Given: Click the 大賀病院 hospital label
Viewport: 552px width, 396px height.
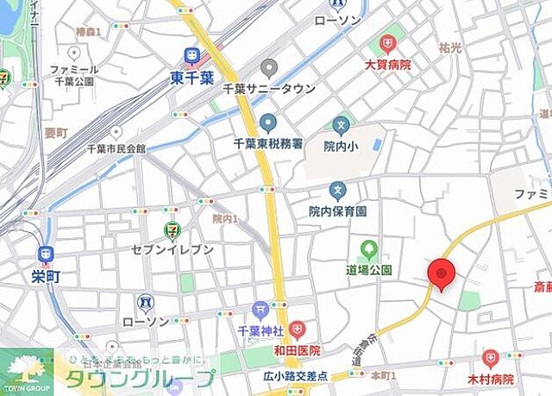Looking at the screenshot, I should [x=387, y=64].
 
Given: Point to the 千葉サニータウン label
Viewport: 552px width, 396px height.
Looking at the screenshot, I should [x=269, y=89].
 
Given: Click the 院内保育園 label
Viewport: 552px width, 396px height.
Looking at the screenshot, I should [x=338, y=211].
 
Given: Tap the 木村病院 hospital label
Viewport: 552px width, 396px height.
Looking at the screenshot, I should [x=491, y=379].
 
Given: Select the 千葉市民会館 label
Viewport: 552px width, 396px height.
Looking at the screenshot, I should [x=108, y=148].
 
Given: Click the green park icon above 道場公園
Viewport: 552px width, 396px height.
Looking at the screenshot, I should [x=369, y=251].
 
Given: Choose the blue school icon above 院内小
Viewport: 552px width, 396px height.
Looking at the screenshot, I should [x=340, y=126].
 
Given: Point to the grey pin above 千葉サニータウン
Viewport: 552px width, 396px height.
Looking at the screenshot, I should [x=269, y=68].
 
